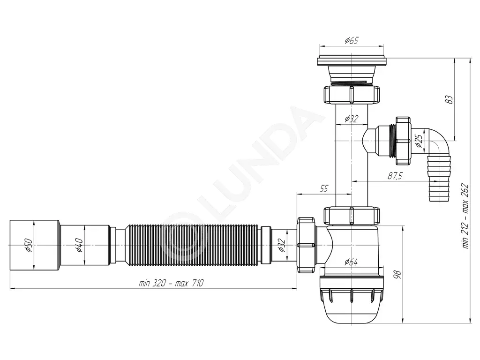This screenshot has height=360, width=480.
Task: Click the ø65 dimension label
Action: tap(352, 40)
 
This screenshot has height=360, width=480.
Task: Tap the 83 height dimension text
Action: tap(449, 100)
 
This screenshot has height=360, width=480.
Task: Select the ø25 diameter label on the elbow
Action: tap(419, 140)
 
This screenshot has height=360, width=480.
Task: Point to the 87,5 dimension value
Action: tap(395, 176)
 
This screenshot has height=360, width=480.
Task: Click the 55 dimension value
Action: tap(323, 188)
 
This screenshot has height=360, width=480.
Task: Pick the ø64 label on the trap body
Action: tap(351, 262)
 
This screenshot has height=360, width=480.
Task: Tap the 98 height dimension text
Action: tap(397, 275)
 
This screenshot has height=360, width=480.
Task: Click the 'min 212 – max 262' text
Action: tap(465, 216)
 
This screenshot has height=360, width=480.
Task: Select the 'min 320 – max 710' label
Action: tap(171, 283)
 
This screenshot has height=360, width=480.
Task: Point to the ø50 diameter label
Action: tap(29, 245)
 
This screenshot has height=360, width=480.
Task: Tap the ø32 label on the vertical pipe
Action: tap(352, 119)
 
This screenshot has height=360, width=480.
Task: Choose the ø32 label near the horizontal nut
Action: tap(282, 245)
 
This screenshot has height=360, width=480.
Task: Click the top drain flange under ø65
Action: tap(352, 60)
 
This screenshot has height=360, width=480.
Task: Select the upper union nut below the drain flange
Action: tap(352, 95)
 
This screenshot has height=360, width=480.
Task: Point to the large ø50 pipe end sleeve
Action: tap(35, 245)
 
